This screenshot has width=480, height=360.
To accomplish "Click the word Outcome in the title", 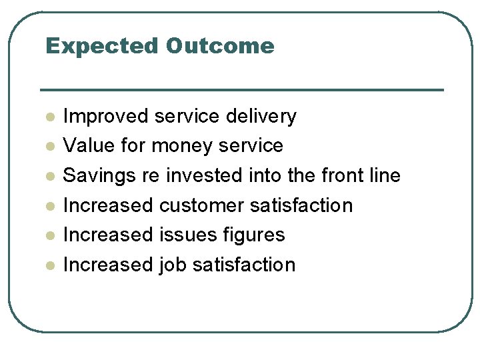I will (221, 46).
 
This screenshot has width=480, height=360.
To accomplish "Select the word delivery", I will (261, 116).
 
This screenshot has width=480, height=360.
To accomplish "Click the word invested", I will (205, 175).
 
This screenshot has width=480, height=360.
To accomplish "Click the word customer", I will (202, 205).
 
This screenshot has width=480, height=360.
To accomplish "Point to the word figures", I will (256, 235).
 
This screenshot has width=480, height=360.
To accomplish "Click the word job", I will (173, 265).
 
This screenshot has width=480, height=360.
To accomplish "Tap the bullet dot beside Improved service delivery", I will (49, 117).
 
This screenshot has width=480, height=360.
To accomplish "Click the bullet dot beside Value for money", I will (49, 147).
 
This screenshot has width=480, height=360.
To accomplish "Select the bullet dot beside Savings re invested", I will (49, 177).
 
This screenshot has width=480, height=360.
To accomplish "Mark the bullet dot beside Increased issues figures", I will (49, 236).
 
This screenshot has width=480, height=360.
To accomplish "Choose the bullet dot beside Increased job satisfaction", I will (49, 266).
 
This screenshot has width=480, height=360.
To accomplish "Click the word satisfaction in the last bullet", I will (243, 265).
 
